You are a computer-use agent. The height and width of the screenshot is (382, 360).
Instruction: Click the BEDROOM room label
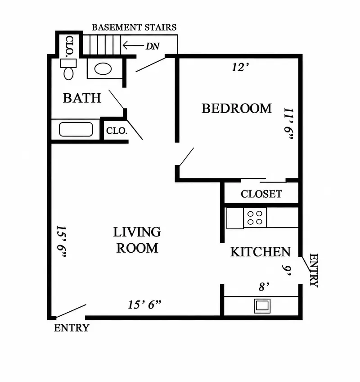pyautogui.click(x=236, y=109)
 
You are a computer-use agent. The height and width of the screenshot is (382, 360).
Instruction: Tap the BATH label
pyautogui.click(x=82, y=98)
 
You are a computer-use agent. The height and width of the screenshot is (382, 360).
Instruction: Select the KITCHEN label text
pyautogui.click(x=261, y=252)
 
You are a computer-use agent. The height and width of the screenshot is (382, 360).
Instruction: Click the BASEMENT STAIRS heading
pyautogui.click(x=134, y=27)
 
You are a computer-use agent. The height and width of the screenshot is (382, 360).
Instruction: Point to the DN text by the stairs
pyautogui.click(x=153, y=46)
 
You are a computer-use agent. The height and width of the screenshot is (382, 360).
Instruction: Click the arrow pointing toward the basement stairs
pyautogui.click(x=133, y=45)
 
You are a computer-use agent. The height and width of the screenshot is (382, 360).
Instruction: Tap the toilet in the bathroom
pyautogui.click(x=68, y=69)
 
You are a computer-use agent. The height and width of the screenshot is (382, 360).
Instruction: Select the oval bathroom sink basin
pyautogui.click(x=103, y=69)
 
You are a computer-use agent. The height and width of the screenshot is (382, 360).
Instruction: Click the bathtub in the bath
pyautogui.click(x=76, y=129)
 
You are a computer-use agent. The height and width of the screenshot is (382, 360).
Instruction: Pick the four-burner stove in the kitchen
pyautogui.click(x=255, y=218)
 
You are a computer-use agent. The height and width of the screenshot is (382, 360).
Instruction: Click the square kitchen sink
pyautogui.click(x=262, y=305)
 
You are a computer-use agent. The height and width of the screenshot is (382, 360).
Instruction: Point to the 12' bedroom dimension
pyautogui.click(x=240, y=67)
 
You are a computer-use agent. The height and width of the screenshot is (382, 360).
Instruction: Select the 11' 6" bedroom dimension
pyautogui.click(x=289, y=123)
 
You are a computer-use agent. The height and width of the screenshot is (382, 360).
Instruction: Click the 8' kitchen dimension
pyautogui.click(x=264, y=287)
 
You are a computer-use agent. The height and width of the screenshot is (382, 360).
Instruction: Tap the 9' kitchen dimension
pyautogui.click(x=287, y=270)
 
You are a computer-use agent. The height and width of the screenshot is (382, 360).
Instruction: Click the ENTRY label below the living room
pyautogui.click(x=72, y=328)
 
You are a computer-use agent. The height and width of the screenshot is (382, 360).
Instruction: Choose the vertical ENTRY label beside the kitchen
pyautogui.click(x=314, y=270)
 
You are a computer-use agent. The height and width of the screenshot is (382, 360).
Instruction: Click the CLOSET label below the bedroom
pyautogui.click(x=261, y=194)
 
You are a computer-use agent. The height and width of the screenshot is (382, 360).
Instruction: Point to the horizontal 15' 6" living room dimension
pyautogui.click(x=144, y=305)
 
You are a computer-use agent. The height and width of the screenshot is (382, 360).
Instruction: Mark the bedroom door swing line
pyautogui.click(x=187, y=157)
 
